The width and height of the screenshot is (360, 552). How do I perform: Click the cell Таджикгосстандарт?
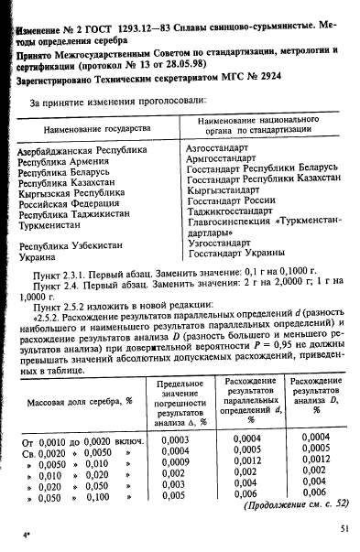click(x=229, y=212)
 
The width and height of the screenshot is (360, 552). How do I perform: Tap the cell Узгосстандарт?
click(x=217, y=245)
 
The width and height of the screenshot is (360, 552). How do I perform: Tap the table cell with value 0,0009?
click(x=173, y=437)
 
